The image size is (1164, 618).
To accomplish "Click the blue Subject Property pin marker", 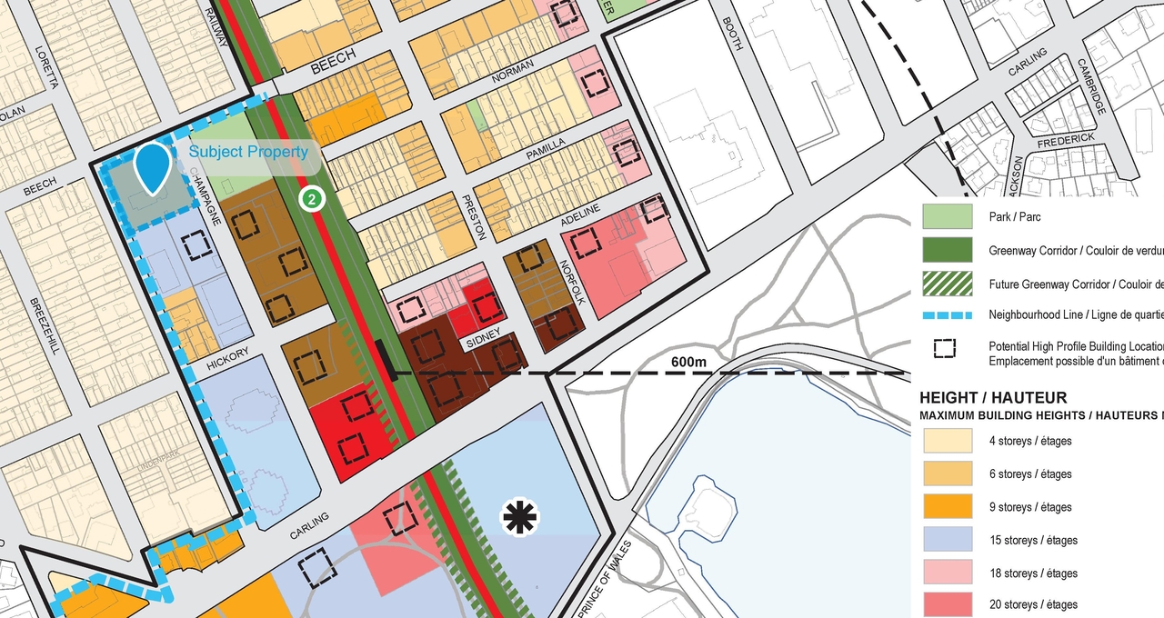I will (x=153, y=167).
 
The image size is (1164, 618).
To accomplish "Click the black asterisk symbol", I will (x=520, y=518).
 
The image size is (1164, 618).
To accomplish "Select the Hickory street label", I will (x=226, y=358).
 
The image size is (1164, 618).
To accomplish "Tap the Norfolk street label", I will (x=568, y=282).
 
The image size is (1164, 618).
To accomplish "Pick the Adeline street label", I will (x=580, y=215).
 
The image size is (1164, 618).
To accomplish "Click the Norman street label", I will (x=513, y=78).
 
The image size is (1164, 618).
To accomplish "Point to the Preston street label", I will (x=476, y=217).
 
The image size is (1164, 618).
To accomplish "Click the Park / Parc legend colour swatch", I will (x=947, y=217).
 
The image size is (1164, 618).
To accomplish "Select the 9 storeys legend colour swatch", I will (x=947, y=507).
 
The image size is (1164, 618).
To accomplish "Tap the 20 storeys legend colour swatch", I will (x=947, y=604).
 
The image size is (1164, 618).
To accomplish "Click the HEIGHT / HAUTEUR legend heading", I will (x=993, y=398).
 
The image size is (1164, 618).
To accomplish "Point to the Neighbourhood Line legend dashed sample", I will (x=947, y=315).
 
